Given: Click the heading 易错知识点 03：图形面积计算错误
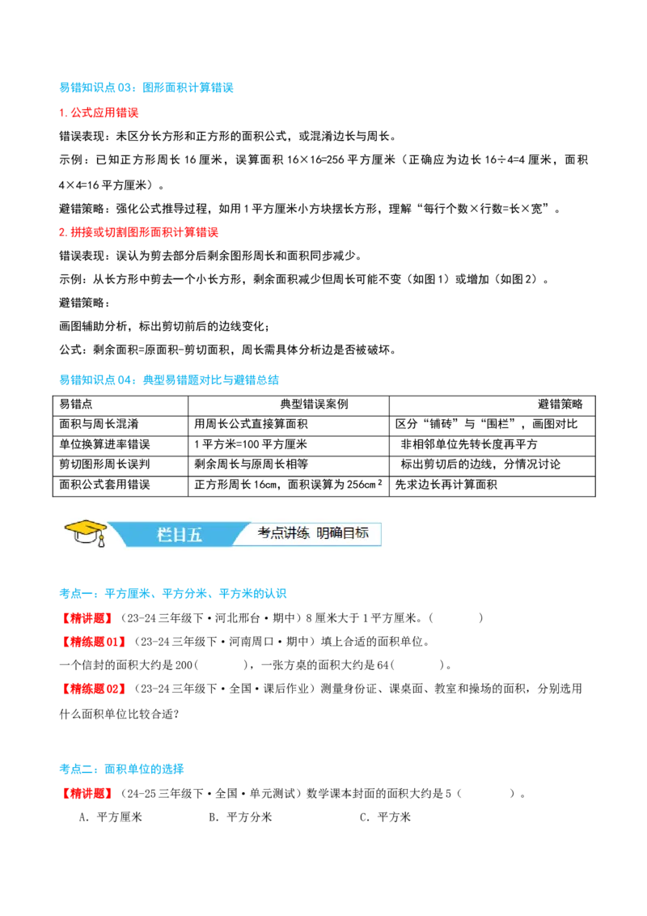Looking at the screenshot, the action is [146, 87].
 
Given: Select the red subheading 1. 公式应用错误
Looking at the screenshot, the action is [99, 112].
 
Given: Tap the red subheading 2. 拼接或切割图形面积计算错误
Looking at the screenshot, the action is [139, 232].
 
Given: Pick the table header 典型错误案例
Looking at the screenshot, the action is [314, 405].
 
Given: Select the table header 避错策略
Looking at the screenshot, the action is [560, 405].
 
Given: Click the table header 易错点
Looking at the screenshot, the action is [76, 405].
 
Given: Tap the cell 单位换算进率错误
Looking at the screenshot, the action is [105, 444].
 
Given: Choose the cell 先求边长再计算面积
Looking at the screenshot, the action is [446, 485].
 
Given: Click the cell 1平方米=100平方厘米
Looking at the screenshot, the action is [251, 444].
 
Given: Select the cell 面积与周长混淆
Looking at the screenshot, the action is [99, 424].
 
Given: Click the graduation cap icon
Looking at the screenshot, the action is [86, 532].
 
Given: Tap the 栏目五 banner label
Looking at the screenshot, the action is [180, 535].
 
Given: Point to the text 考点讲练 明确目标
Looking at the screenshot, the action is [313, 532].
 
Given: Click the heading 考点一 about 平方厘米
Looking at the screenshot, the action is [173, 593].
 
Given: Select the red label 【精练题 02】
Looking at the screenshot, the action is [94, 689].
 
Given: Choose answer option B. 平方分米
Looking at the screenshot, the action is [240, 817].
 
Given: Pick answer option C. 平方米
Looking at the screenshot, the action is [385, 817].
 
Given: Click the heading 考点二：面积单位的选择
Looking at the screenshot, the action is [121, 769].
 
